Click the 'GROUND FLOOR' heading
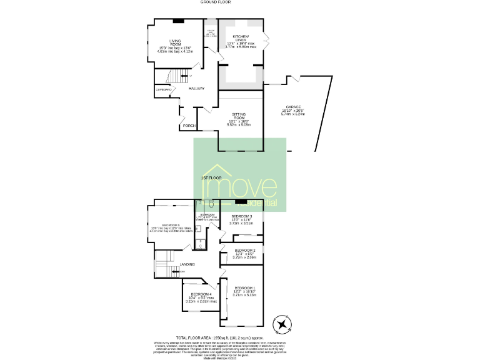tap(216, 2)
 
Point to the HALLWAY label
tap(196, 88)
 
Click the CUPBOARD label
tap(164, 90)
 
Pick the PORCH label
tap(188, 126)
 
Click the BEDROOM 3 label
tap(241, 216)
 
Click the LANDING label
tap(187, 264)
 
